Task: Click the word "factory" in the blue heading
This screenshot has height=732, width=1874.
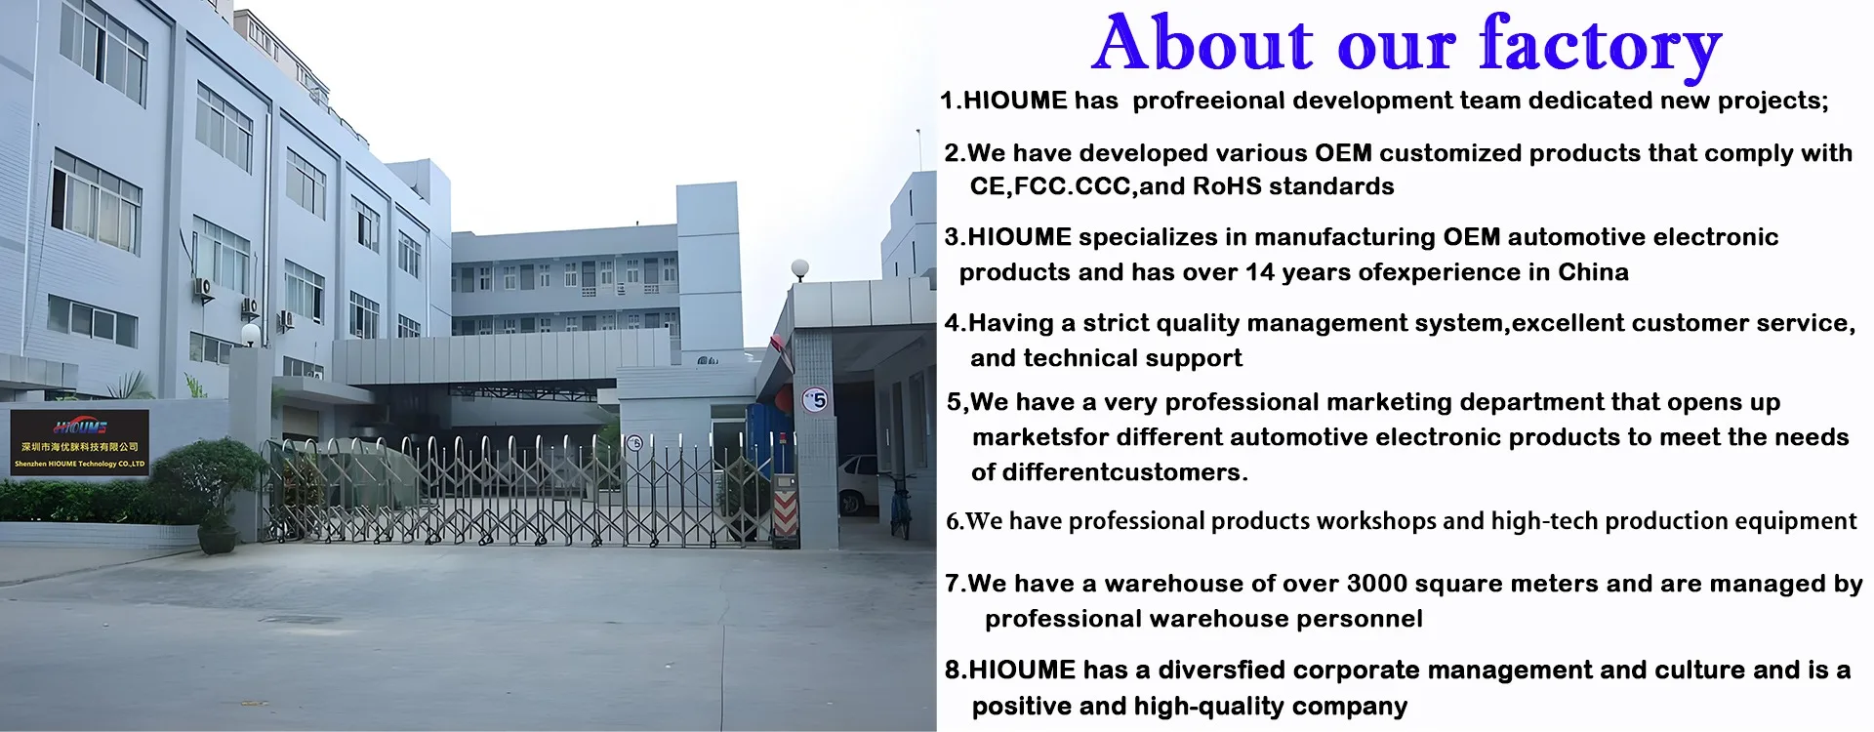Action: (x=1601, y=44)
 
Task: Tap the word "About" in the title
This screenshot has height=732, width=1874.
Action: (x=1204, y=43)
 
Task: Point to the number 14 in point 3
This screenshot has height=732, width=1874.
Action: (x=1261, y=272)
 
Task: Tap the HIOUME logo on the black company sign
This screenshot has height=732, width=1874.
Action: (x=80, y=427)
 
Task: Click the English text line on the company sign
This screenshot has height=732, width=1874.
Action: (x=80, y=465)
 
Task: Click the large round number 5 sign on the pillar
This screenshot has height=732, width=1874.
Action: (x=815, y=399)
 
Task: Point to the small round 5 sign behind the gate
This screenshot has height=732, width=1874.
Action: (x=634, y=443)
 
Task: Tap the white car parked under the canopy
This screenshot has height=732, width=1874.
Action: (x=858, y=483)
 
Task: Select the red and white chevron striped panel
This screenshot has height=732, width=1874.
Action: (x=786, y=511)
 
